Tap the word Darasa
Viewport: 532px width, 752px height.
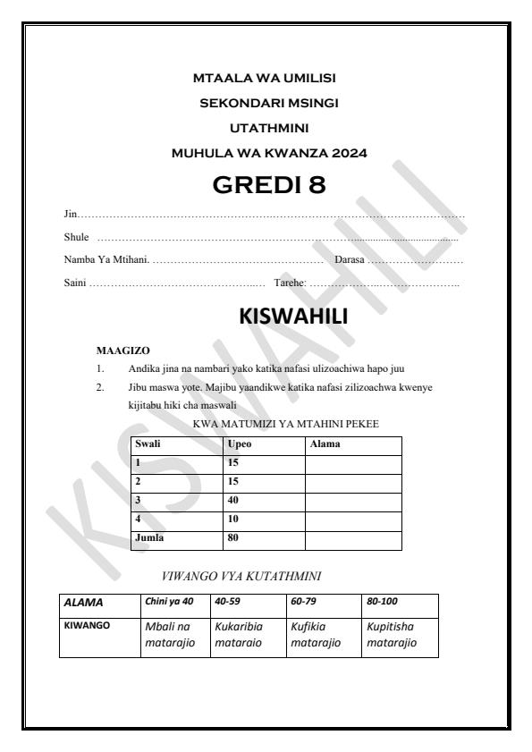click(350, 259)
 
